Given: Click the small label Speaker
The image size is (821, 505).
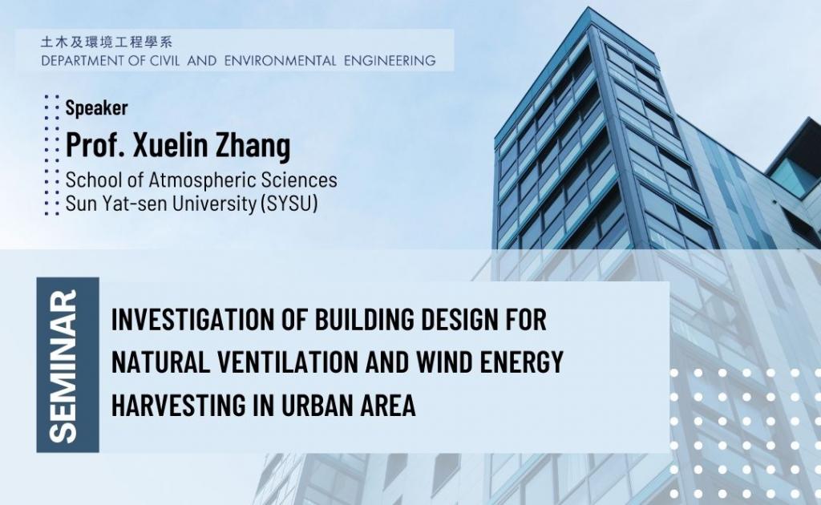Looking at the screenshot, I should [96, 108].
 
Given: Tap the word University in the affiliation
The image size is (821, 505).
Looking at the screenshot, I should [208, 204].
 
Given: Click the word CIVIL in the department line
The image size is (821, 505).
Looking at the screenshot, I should [160, 60].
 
